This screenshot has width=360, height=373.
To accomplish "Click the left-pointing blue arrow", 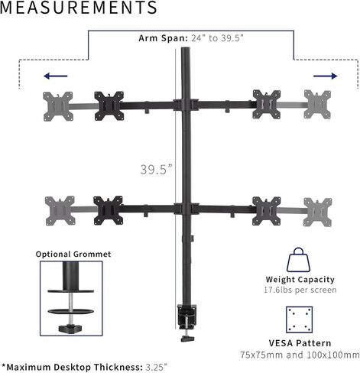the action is [x=56, y=76].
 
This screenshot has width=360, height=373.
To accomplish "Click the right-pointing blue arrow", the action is [x=325, y=76].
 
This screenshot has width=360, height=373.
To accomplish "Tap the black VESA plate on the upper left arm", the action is [x=109, y=105].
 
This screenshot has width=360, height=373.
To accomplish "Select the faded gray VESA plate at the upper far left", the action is [x=58, y=106].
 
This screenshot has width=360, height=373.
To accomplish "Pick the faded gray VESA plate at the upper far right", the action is [x=317, y=104].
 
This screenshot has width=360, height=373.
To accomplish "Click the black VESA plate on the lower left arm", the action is [x=108, y=210].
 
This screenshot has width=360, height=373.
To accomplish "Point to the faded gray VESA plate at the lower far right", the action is [x=318, y=212].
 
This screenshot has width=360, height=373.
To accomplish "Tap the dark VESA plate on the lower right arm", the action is [x=267, y=211].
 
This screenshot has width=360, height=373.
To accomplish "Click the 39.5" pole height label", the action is [x=156, y=170].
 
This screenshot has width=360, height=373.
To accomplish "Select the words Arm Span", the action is [x=163, y=38].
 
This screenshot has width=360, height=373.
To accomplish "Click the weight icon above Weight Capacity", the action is [x=298, y=260].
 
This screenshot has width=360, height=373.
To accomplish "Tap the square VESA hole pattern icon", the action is [x=299, y=319].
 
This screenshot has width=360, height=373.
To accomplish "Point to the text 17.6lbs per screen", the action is [x=300, y=290].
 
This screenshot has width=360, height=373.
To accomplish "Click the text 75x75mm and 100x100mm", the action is [x=300, y=355].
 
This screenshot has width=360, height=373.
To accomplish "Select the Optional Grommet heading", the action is [x=73, y=255].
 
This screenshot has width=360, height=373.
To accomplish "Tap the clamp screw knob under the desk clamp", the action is [x=187, y=339].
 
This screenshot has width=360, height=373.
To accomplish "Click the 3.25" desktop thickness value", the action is [x=157, y=367].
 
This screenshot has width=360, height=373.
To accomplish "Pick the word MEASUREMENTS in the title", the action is [x=79, y=8].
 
